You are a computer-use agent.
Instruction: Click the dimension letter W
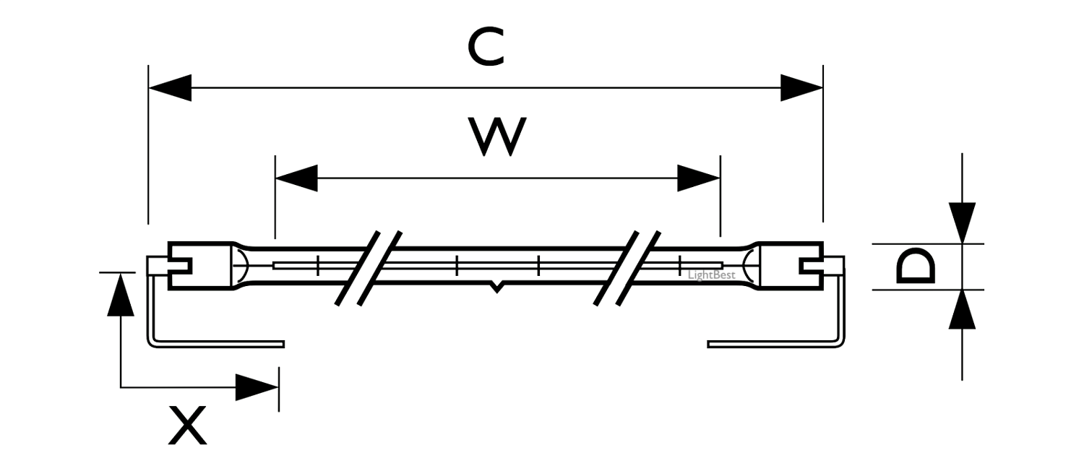coord(497,136)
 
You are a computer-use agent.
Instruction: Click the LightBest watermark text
coord(711,275)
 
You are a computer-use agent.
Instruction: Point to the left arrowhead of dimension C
coord(171,88)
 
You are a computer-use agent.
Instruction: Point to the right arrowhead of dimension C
coord(801,88)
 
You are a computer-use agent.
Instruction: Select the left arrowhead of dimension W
coord(297,178)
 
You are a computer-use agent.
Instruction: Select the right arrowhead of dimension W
coord(698,178)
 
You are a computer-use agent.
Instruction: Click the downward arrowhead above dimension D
coord(962,222)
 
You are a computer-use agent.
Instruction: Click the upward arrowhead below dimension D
coord(962,311)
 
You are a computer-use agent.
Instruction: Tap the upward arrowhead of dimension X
coord(121,294)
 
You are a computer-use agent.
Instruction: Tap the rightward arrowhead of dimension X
coord(257,388)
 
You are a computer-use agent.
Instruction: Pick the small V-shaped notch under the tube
coord(496,287)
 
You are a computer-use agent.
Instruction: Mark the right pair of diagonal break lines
coord(627,267)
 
